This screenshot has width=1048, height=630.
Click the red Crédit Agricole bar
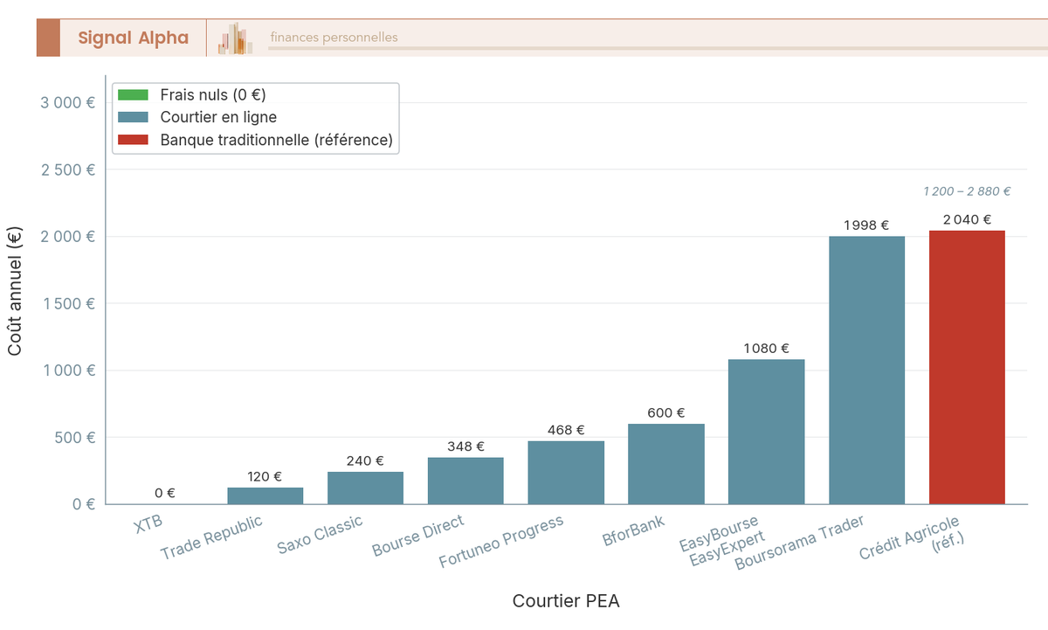967,367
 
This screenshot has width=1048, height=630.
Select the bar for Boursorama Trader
866,370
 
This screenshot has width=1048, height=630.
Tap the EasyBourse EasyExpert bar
766,432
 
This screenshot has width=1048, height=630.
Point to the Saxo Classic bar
365,488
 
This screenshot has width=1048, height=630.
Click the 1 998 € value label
866,225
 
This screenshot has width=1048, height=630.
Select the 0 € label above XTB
165,494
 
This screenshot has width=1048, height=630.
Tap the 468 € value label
566,430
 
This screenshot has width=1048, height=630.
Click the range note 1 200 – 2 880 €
967,191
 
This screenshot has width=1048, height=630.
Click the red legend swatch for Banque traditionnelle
134,140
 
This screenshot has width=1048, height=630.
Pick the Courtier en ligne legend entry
218,117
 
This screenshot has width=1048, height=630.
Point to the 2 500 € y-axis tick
68,170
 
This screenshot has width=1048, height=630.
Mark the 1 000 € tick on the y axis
68,370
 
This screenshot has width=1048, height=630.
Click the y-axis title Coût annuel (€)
15,291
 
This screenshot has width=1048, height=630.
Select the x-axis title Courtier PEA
566,601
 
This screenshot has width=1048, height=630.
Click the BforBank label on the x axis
634,531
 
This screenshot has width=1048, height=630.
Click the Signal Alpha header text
133,38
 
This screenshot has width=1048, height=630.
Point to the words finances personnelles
334,38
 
